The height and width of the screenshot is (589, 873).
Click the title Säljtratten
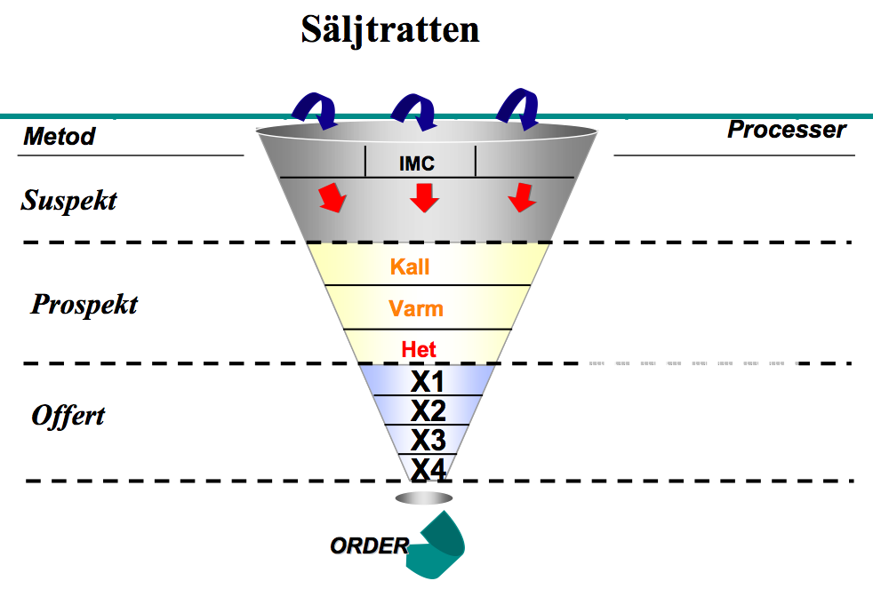pos(389,30)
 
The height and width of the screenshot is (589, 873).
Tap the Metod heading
pos(59,136)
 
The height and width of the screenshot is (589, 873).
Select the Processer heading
pos(787,130)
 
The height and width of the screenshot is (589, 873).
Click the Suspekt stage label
pos(68,201)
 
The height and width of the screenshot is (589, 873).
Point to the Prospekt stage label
pos(84,305)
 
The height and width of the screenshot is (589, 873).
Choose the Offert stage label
pos(68,416)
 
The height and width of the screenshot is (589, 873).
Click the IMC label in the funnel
pos(416,163)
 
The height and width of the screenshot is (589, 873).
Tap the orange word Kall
pos(410,267)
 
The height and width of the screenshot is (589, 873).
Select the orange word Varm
pos(416,308)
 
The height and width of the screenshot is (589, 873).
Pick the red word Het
pos(419,350)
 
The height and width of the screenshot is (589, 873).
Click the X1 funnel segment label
pos(427,381)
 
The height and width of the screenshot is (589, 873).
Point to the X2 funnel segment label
pos(428,411)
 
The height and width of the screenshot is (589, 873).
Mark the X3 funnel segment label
pos(428,440)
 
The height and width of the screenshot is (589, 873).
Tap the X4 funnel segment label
pos(428,469)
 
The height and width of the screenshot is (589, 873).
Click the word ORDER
pos(370,546)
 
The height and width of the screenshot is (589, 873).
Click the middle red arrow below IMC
pos(424,198)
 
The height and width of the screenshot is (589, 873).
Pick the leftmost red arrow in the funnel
pos(332,197)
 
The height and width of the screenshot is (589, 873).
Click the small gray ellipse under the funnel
pos(424,497)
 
